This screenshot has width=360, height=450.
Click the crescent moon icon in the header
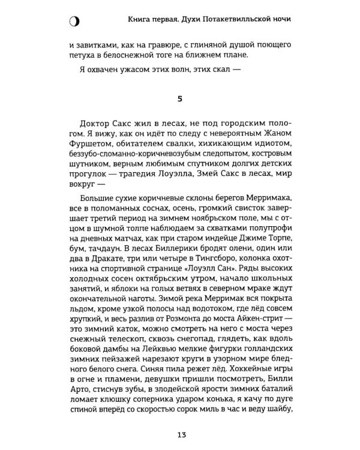(73, 22)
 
